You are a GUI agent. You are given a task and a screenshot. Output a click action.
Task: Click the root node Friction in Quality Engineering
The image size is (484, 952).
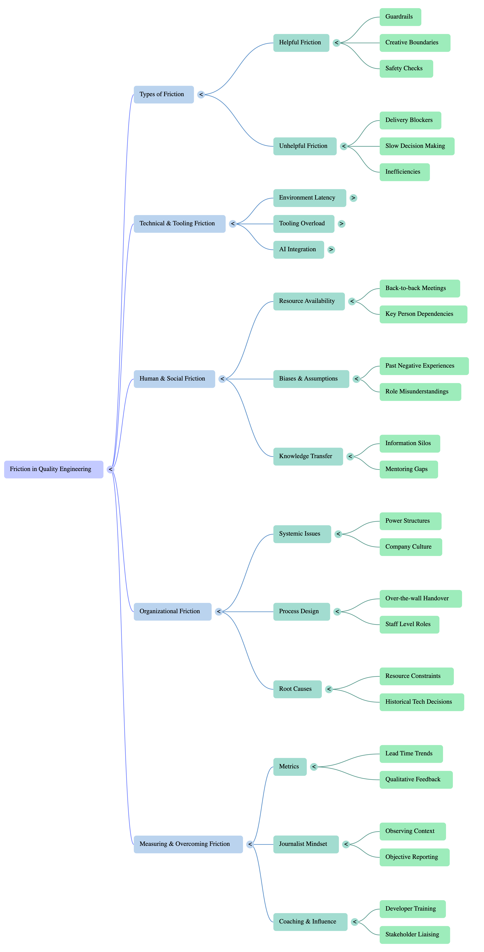pos(54,469)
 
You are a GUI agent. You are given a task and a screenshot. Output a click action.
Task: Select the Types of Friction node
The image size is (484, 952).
pos(163,95)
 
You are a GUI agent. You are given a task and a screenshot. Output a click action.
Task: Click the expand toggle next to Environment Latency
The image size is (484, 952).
pos(353,198)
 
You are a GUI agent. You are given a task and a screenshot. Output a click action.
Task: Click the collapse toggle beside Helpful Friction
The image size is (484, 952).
pos(336,43)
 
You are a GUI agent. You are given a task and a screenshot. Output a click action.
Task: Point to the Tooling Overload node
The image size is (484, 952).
pos(303,224)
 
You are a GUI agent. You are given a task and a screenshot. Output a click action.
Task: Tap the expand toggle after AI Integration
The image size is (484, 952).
pos(331,250)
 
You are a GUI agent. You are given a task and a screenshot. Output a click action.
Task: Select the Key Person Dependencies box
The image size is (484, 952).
pos(423,314)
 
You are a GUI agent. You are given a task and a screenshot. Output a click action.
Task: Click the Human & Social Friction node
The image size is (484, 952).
pos(174,379)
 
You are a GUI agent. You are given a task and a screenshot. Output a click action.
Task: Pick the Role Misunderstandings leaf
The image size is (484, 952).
pos(420,392)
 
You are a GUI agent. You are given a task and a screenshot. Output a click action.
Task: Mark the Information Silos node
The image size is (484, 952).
pos(409,444)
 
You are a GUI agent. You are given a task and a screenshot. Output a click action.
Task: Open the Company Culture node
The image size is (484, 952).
pos(410,547)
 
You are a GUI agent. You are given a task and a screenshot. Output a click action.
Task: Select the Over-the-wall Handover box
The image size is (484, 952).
pos(420,599)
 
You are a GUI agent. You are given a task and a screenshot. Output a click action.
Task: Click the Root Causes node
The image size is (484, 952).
pos(297,689)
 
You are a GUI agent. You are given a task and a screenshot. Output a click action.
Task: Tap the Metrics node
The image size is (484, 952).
pos(290,767)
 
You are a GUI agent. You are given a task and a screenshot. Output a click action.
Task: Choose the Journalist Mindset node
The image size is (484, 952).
pos(306,844)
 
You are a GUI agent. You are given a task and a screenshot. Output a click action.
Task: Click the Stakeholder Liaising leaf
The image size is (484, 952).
pos(415,935)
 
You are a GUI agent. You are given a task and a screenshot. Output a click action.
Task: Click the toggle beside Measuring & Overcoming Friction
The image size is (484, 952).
pos(250,844)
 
